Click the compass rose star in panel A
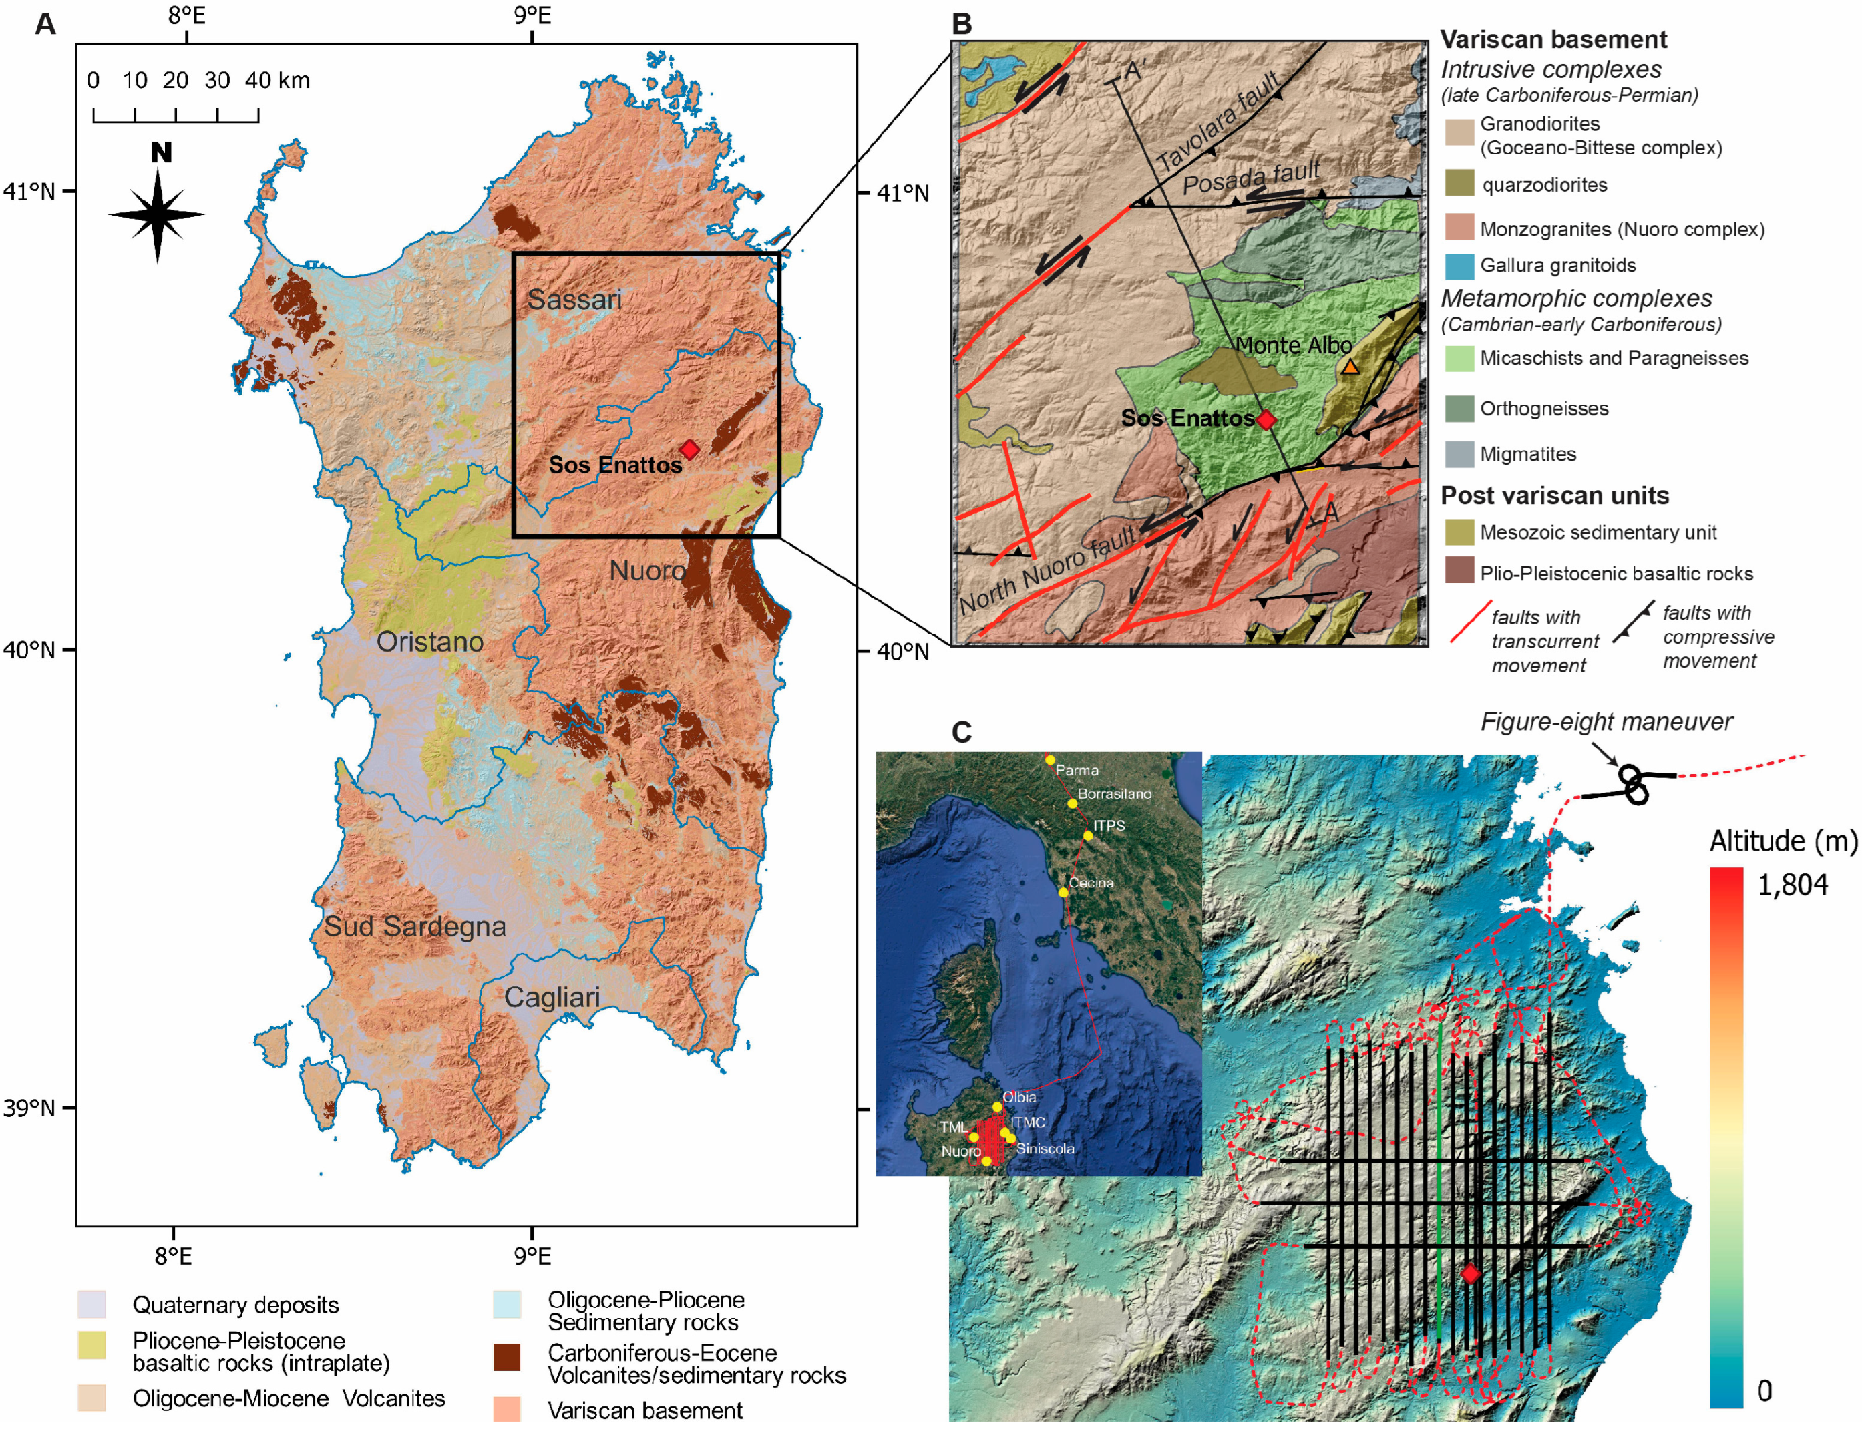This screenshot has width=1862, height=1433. point(158,215)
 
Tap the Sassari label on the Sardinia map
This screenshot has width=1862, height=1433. point(574,299)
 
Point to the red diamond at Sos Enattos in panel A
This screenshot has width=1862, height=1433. point(689,449)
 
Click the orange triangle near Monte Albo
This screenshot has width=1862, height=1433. point(1350,367)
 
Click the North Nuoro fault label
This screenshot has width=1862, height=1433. point(1047,569)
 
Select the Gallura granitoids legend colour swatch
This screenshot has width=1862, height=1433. point(1459,266)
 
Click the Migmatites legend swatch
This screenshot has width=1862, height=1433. point(1459,454)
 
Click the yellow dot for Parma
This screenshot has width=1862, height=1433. point(1051,759)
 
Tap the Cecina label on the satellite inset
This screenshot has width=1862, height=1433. point(1091,882)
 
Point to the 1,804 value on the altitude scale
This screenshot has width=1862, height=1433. point(1792,885)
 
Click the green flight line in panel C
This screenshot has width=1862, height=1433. point(1440,1185)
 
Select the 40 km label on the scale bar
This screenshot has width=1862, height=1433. point(277,81)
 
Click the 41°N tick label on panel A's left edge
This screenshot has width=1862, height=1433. point(28,191)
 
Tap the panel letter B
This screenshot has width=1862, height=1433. point(961,24)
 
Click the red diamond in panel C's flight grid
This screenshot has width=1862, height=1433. point(1471,1273)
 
